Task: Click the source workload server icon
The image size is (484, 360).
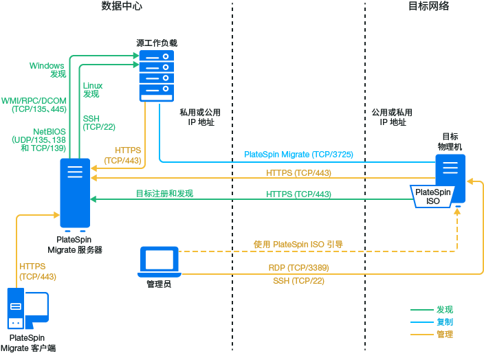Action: click(156, 75)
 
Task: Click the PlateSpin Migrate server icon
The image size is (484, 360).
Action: click(74, 193)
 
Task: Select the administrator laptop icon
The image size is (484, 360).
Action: click(159, 260)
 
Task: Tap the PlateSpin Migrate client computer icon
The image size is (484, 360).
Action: click(27, 310)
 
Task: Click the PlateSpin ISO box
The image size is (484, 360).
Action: click(433, 196)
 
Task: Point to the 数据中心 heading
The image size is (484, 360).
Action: click(126, 6)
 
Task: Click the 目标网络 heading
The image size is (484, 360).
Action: click(428, 6)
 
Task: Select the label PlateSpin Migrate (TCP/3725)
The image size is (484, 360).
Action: click(298, 155)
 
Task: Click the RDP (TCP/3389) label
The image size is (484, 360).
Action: click(298, 268)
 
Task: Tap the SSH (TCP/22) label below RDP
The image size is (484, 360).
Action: click(298, 280)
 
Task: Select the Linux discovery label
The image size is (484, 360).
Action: click(92, 89)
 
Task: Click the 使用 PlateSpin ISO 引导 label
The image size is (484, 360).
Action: click(298, 244)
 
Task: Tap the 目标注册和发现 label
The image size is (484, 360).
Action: click(164, 194)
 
